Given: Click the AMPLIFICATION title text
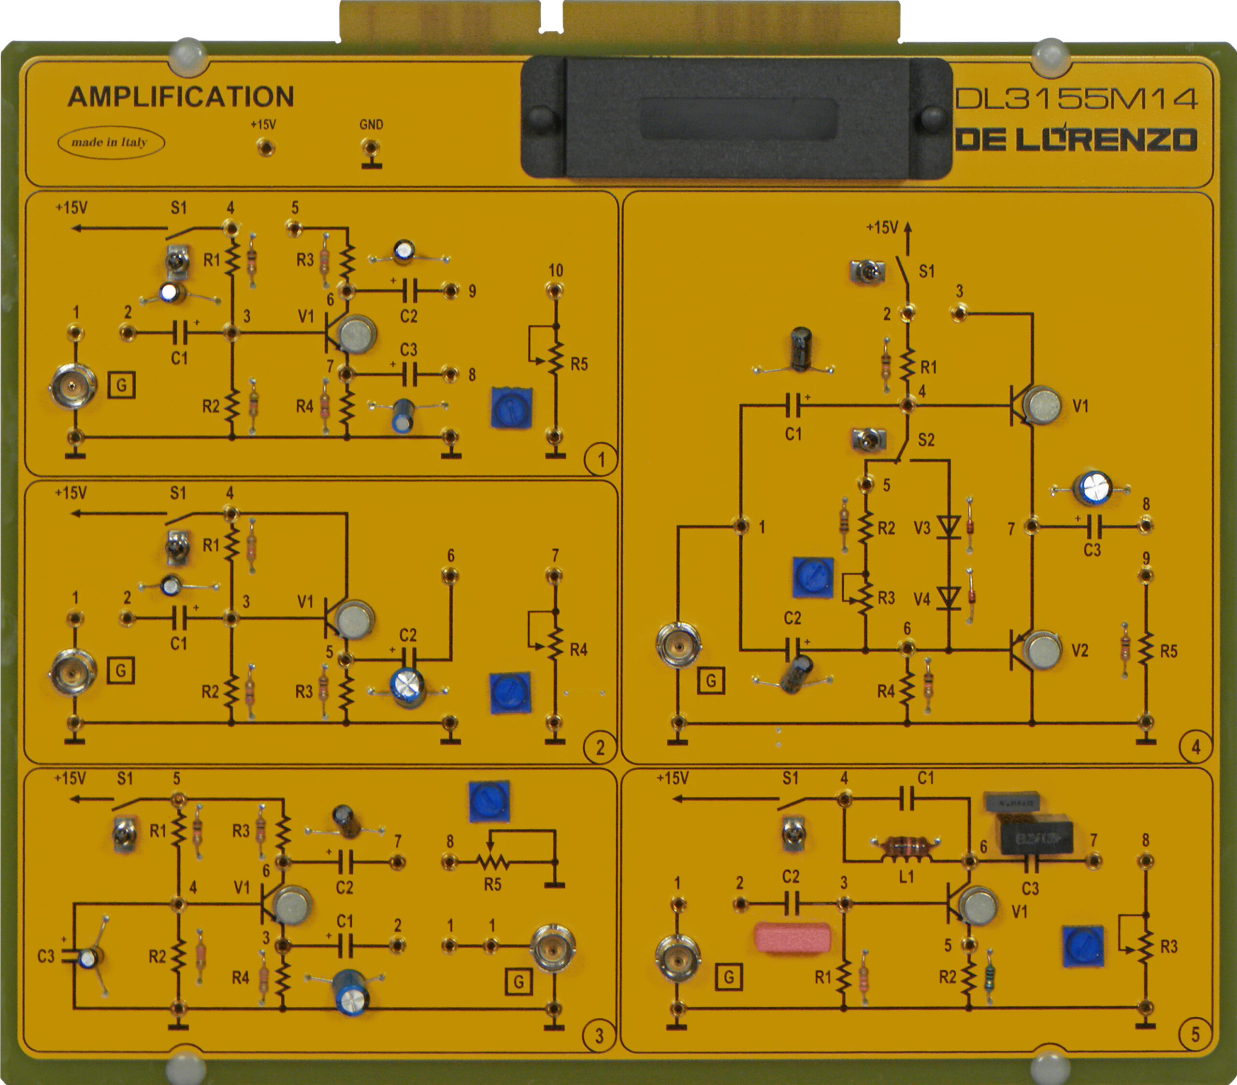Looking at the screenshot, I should coord(180,97).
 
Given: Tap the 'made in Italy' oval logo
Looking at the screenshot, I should coord(110,143).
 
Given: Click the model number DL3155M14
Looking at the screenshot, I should coord(1076,99).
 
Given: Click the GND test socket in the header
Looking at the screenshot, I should coord(370,147).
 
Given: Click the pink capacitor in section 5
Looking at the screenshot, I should coord(792,937).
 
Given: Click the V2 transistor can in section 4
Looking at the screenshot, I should coord(1042,650).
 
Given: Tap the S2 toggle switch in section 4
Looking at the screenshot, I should coord(868,439).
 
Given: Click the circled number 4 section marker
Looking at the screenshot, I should coord(1195,747).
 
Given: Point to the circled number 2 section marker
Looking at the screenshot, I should coord(600,748).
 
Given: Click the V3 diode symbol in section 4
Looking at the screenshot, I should coord(949,527).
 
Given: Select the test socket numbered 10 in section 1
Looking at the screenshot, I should coord(554,291).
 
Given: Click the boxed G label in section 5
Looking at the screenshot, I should coord(729,977).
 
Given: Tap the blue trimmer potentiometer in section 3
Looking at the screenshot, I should coord(489,802).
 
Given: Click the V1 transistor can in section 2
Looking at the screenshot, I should coord(355,619).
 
